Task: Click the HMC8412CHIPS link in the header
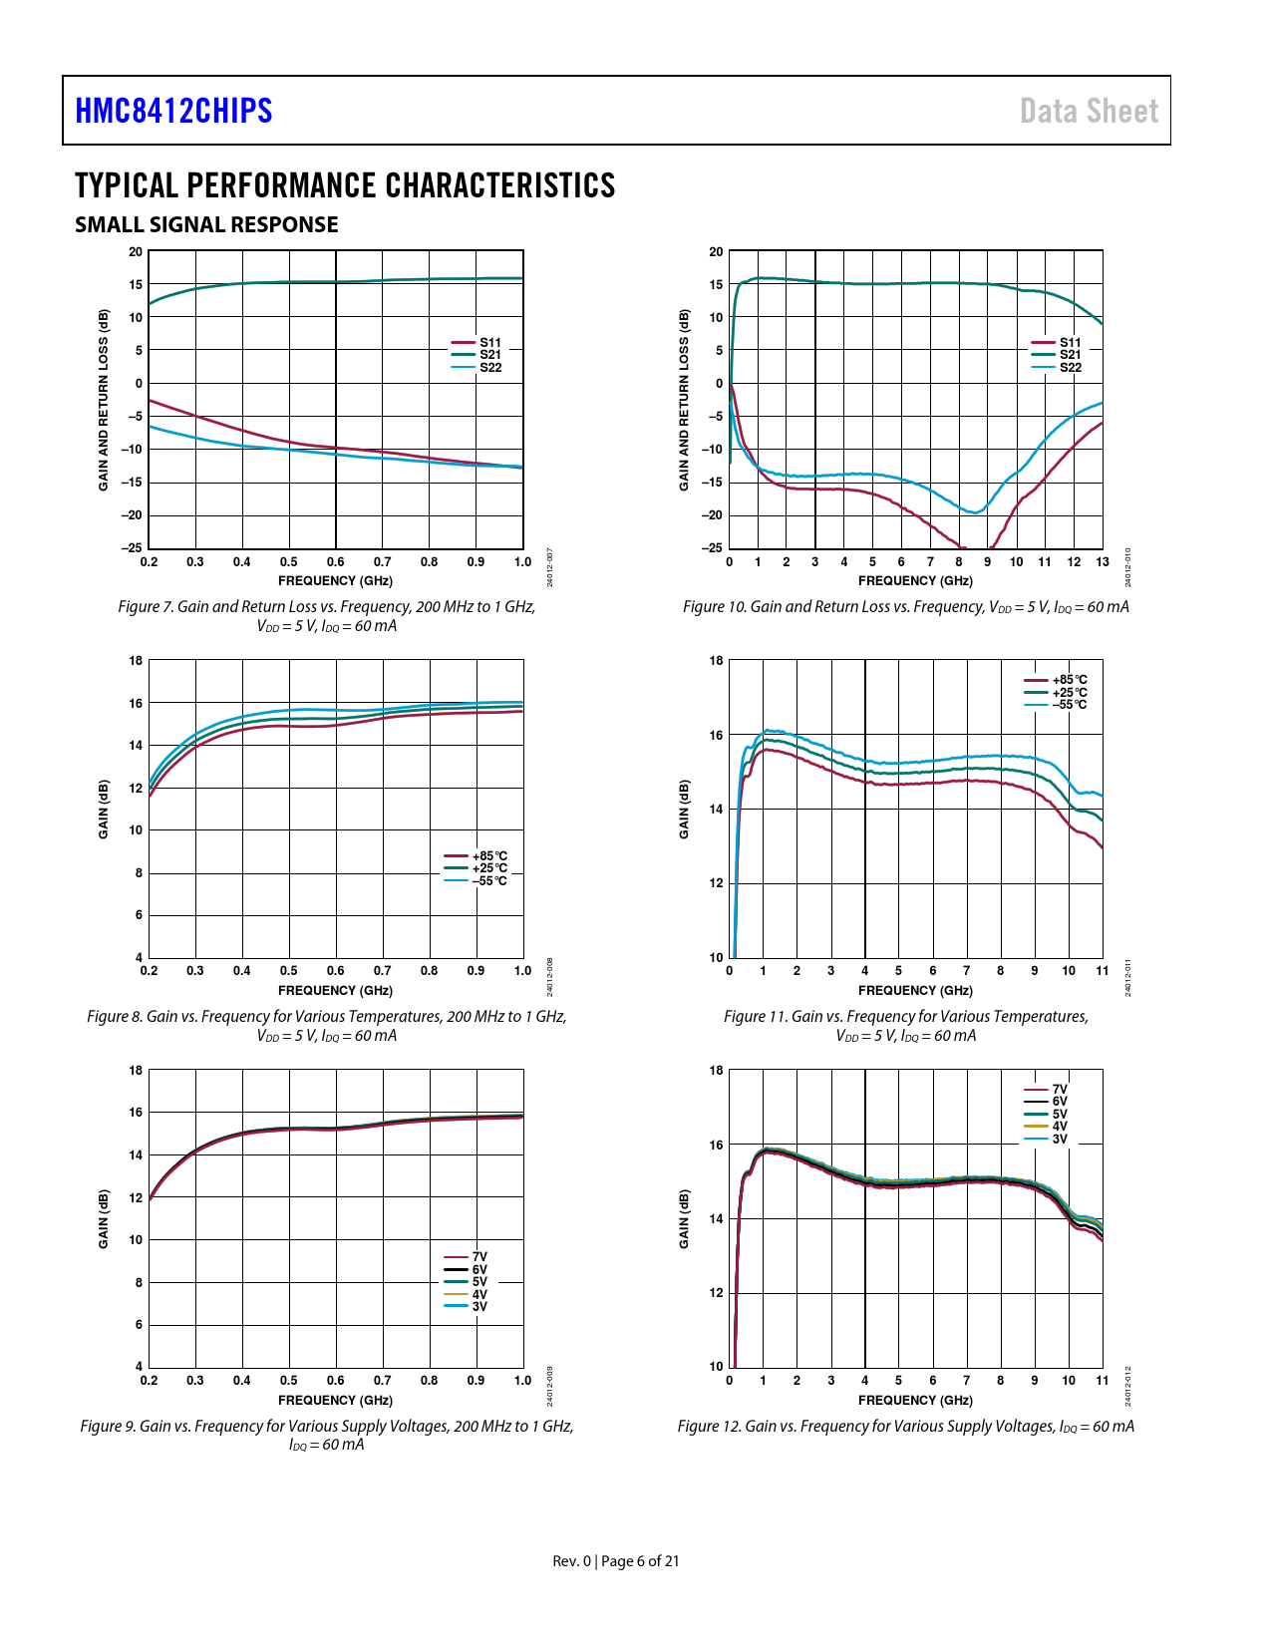click(x=173, y=111)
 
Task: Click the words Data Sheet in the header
click(x=1089, y=111)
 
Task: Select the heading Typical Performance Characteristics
click(x=345, y=185)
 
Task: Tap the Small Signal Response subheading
click(x=206, y=225)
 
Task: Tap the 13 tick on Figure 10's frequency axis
click(x=1102, y=562)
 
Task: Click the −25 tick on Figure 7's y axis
click(x=132, y=547)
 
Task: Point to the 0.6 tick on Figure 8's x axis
click(x=336, y=971)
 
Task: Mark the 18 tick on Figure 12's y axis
click(x=716, y=1070)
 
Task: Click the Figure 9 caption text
click(x=327, y=1435)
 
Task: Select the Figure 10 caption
click(x=905, y=607)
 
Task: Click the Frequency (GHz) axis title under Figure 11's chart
click(x=915, y=991)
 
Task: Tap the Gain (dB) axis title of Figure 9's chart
click(x=104, y=1218)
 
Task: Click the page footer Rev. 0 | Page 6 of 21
click(x=616, y=1561)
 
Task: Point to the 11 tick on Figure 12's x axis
click(x=1102, y=1381)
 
